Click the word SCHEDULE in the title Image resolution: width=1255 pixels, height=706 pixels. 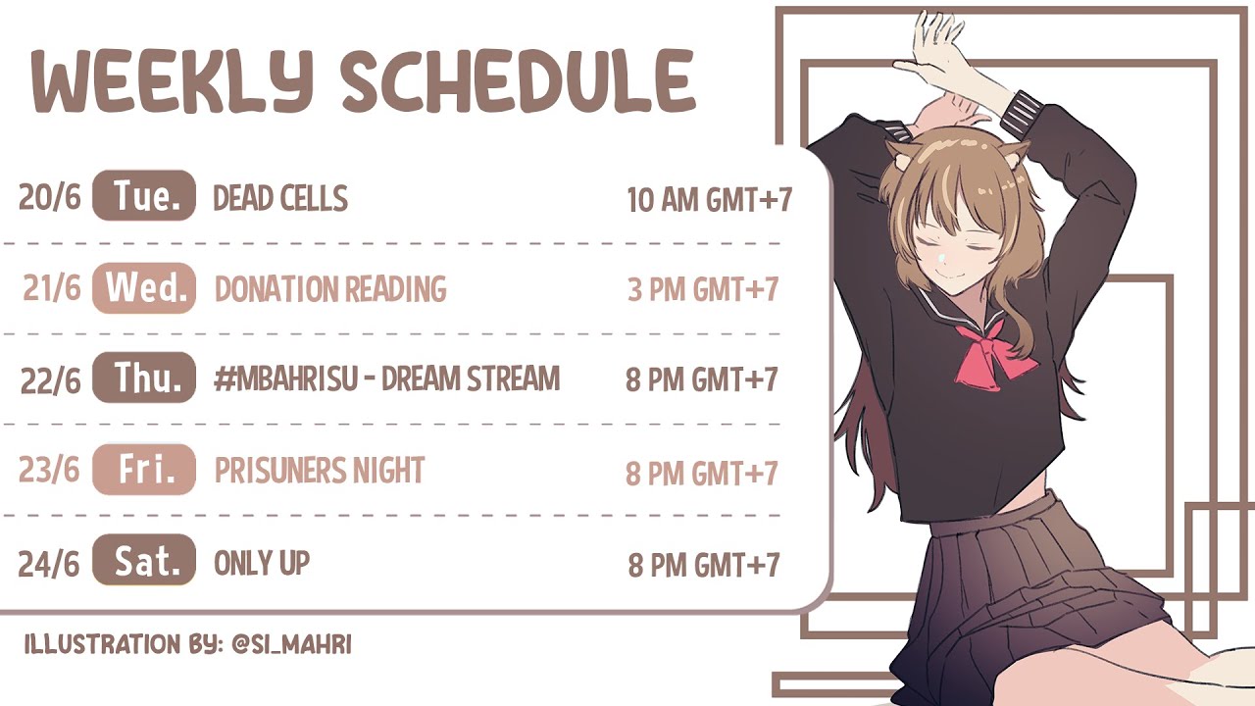click(x=518, y=81)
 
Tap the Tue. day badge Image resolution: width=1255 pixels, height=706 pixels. click(x=144, y=195)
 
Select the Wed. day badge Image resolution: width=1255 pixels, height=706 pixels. click(x=144, y=288)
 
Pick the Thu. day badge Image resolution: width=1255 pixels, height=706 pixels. click(x=144, y=378)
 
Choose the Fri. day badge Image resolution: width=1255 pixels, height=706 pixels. click(x=144, y=470)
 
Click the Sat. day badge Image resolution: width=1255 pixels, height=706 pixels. click(x=144, y=560)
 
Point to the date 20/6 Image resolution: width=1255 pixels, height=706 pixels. click(x=49, y=197)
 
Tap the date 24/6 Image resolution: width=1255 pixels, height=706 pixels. click(x=49, y=564)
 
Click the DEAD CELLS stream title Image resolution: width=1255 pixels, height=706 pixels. click(x=280, y=198)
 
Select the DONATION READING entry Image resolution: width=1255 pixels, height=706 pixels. click(x=330, y=289)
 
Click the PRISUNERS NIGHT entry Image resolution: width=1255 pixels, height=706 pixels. click(x=320, y=471)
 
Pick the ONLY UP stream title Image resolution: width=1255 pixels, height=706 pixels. click(x=262, y=563)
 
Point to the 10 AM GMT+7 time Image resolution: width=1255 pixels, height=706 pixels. click(x=709, y=199)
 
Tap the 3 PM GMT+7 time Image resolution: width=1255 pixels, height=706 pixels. click(x=703, y=289)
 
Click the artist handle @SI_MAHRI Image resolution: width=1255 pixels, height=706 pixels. click(x=291, y=645)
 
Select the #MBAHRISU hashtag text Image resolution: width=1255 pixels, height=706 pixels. click(x=285, y=378)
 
